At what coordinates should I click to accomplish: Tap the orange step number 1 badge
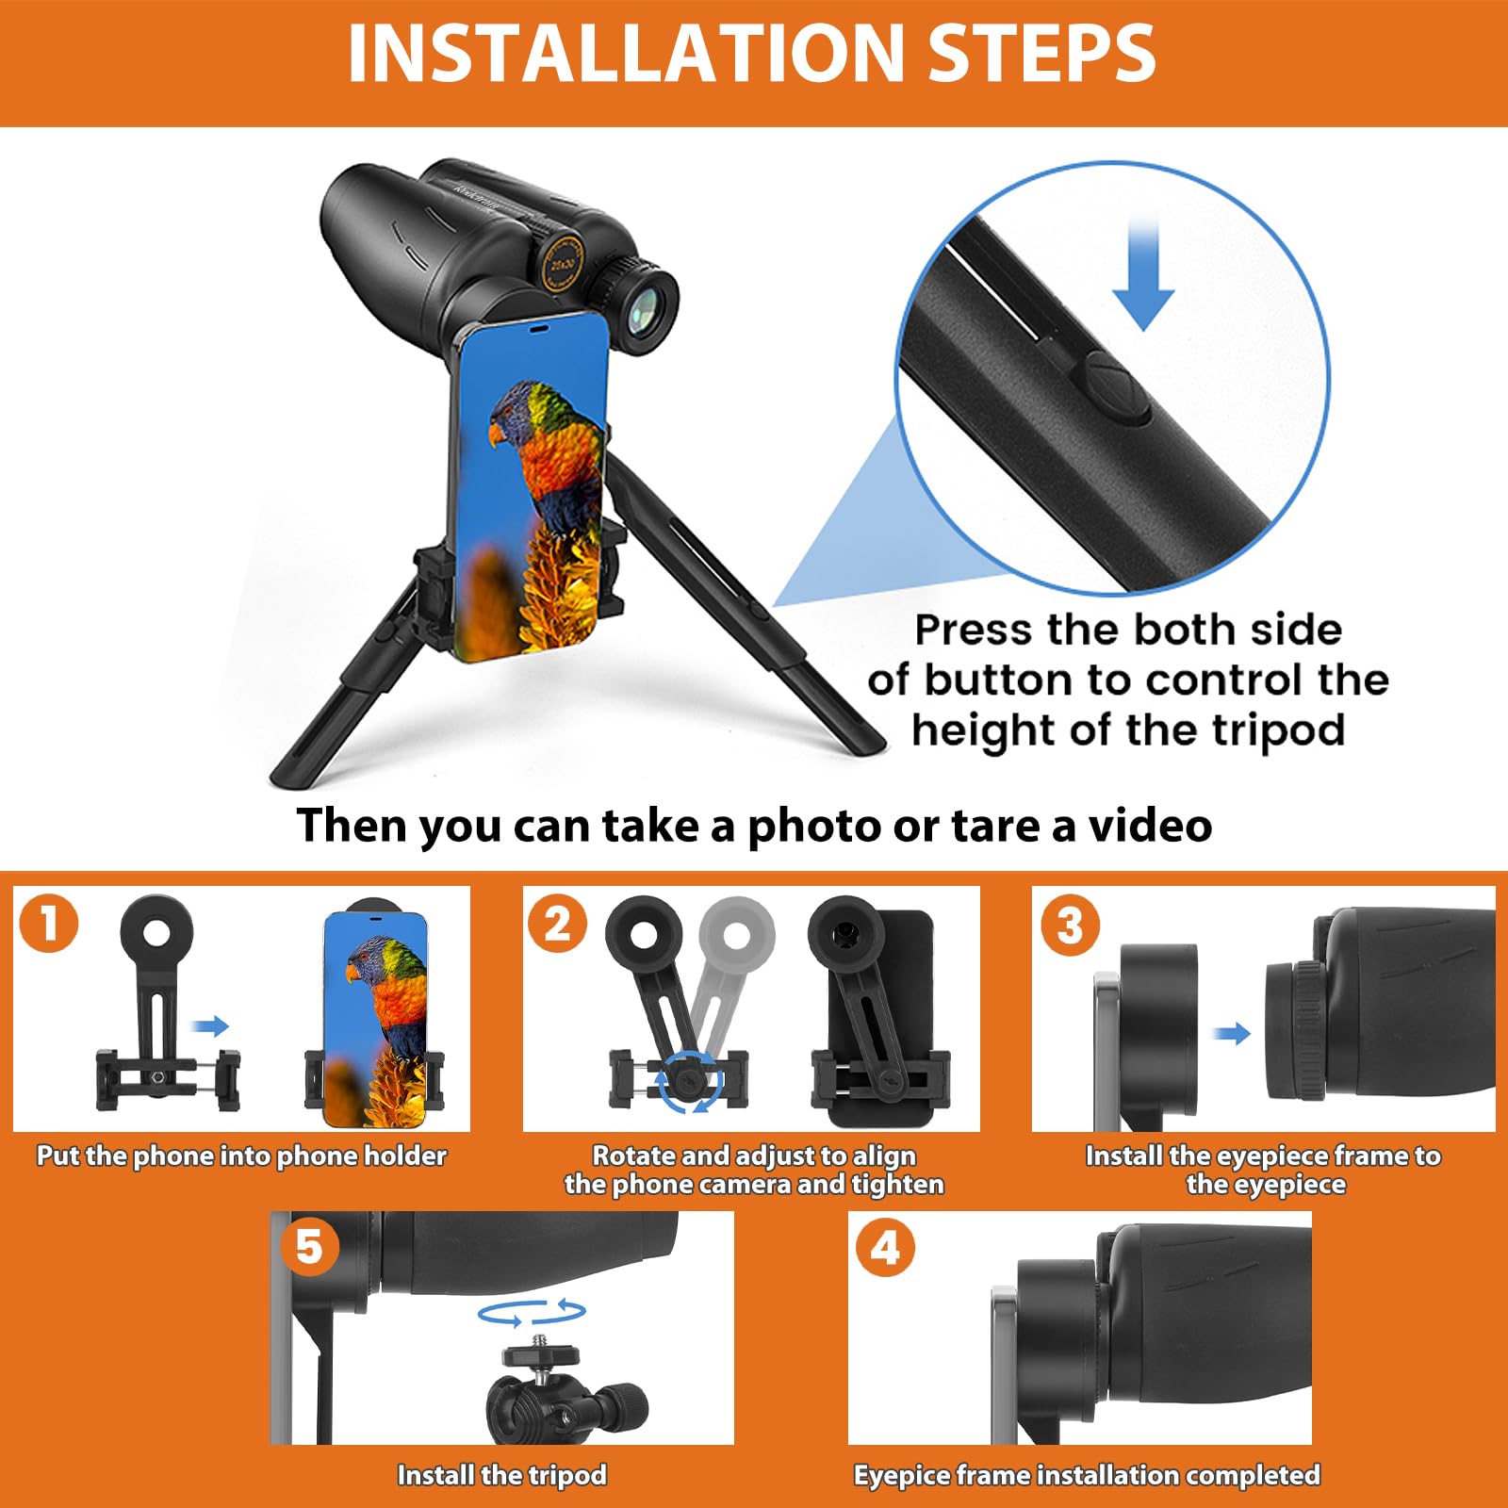[49, 923]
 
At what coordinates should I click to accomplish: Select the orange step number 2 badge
[558, 923]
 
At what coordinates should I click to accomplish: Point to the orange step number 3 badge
[1070, 926]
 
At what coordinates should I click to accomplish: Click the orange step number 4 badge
[885, 1249]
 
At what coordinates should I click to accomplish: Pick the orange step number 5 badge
[310, 1247]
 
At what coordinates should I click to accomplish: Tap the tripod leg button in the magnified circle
[1115, 387]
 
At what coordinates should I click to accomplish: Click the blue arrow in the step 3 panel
[1232, 1034]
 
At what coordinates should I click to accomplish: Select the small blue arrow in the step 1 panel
[209, 1026]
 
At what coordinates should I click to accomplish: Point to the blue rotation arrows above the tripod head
[532, 1312]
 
